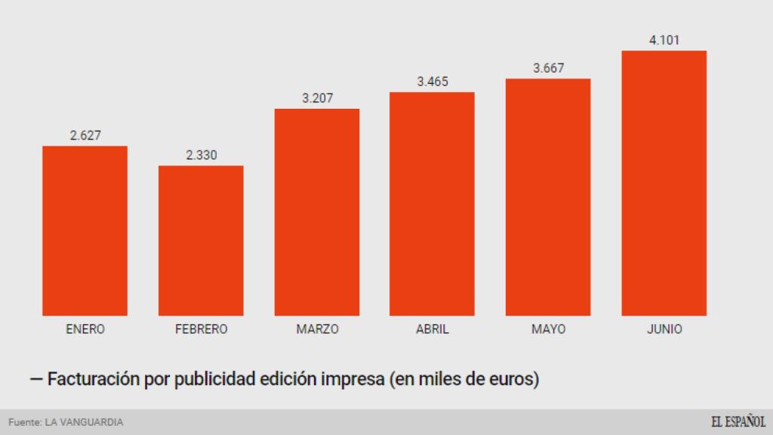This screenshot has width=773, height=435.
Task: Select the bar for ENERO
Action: [x=85, y=230]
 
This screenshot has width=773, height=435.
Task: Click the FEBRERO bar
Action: [x=201, y=240]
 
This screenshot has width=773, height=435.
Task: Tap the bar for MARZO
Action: [x=317, y=212]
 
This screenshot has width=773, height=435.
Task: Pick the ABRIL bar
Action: [x=432, y=204]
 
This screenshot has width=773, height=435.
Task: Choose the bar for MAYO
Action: [x=548, y=197]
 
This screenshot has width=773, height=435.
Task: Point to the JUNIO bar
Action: [x=664, y=183]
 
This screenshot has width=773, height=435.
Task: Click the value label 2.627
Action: [x=85, y=136]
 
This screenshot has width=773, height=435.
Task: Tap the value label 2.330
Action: [x=201, y=156]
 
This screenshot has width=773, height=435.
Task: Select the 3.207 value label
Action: [x=317, y=98]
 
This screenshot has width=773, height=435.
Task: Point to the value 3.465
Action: [x=432, y=82]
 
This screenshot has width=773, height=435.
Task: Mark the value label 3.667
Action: [x=548, y=68]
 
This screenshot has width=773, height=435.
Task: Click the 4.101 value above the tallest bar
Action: [x=664, y=40]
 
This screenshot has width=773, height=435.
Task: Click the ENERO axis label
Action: [x=85, y=329]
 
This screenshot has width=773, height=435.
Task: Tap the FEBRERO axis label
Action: [x=201, y=329]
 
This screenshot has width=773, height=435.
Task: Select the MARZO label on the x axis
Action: [x=317, y=329]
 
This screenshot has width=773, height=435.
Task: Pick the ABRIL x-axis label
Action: [x=432, y=329]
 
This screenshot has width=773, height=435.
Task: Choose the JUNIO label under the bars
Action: [x=664, y=329]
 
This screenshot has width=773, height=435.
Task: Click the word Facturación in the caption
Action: [x=95, y=378]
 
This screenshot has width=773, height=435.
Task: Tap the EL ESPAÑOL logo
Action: [x=738, y=421]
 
